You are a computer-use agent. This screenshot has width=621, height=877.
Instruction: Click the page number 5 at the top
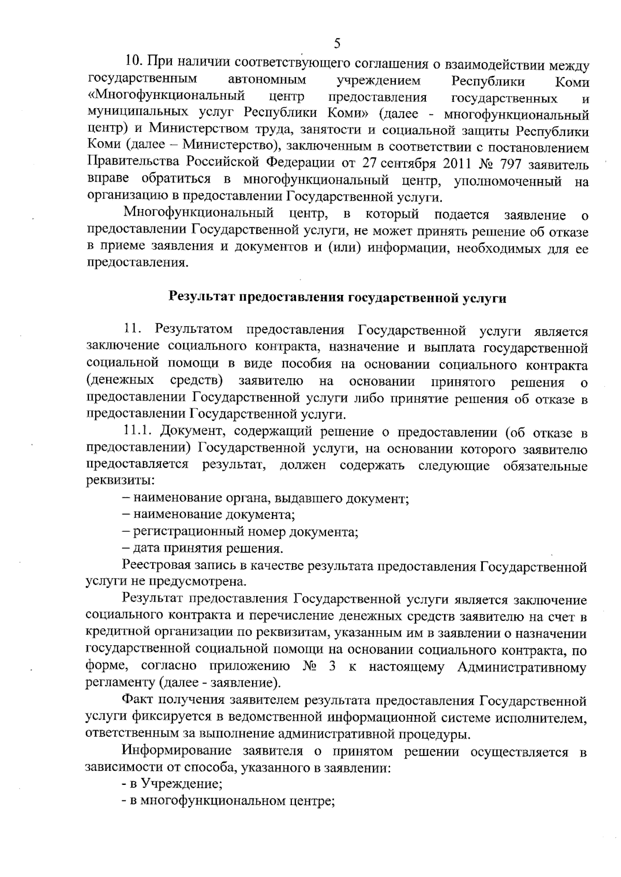tap(337, 43)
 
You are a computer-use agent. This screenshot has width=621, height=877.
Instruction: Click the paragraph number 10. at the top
tap(134, 64)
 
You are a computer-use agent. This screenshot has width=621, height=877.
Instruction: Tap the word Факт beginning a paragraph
tap(137, 702)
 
